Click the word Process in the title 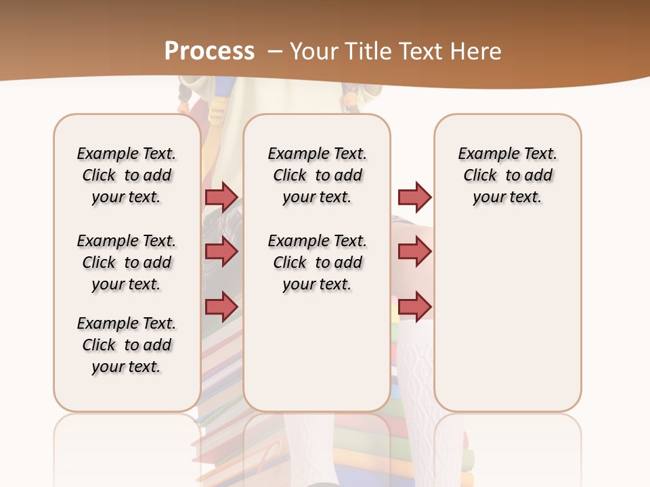[x=209, y=51]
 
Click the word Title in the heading [x=370, y=51]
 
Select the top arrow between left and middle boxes [x=221, y=197]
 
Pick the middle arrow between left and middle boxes [x=221, y=252]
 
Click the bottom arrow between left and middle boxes [x=221, y=306]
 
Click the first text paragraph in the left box [x=127, y=175]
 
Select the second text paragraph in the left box [x=127, y=262]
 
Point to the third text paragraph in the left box [x=127, y=345]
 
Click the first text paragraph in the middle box [x=318, y=175]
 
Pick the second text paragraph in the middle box [x=318, y=262]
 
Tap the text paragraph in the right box [x=508, y=175]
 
